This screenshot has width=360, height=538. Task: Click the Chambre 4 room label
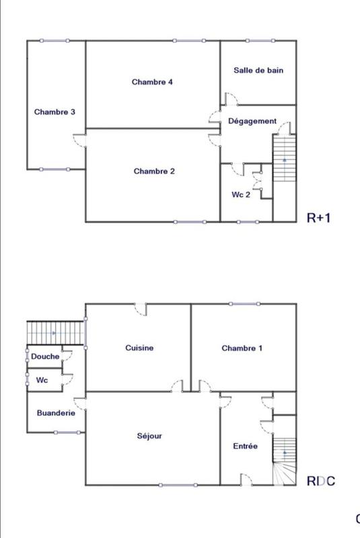(153, 82)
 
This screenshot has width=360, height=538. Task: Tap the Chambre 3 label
(55, 112)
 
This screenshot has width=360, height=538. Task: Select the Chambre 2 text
(154, 171)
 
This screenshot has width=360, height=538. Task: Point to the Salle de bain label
(258, 70)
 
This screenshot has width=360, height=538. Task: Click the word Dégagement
(252, 121)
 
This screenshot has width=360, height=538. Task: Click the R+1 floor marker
(320, 218)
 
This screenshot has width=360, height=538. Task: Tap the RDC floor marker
(320, 482)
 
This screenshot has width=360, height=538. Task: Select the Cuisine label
(139, 348)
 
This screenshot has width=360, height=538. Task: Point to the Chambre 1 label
(242, 348)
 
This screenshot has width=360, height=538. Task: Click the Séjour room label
(149, 436)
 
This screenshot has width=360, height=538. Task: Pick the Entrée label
(245, 446)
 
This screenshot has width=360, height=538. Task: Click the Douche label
(45, 356)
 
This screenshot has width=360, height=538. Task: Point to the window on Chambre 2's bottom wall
(190, 221)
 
